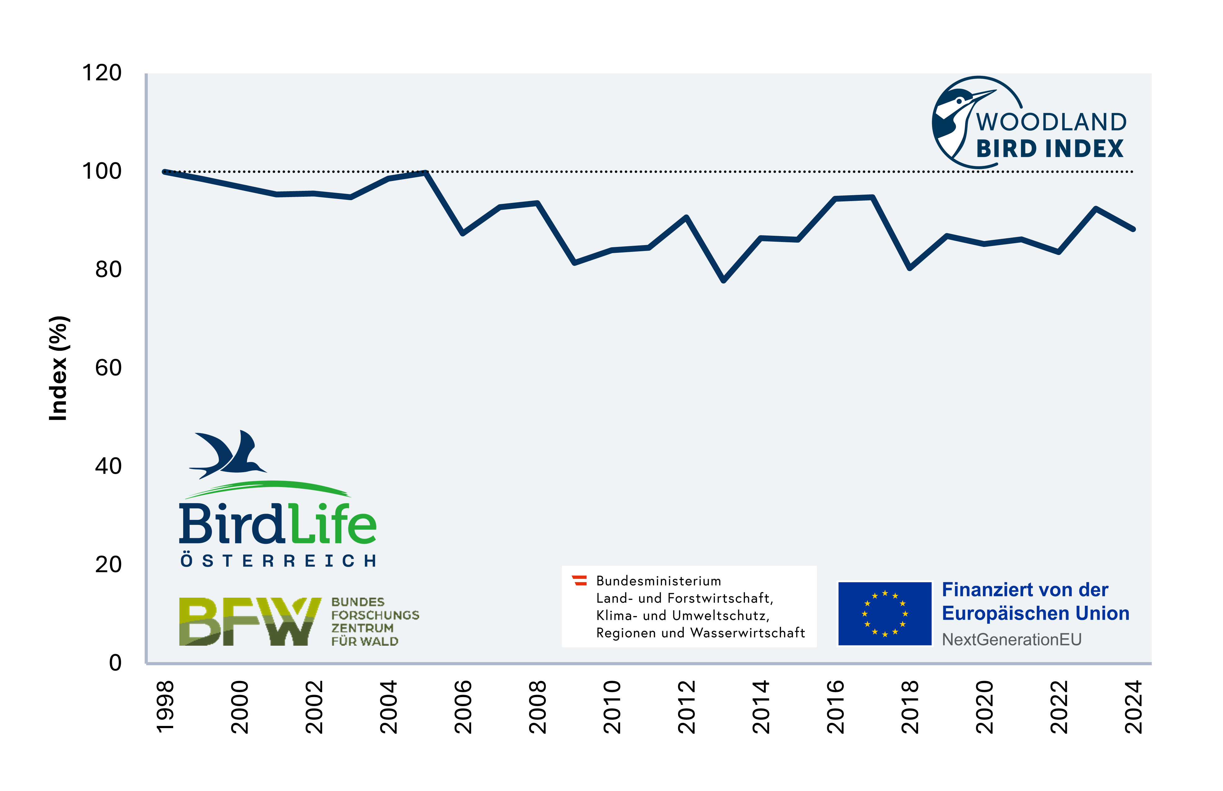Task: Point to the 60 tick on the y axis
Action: pos(108,368)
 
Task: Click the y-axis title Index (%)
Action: pos(58,368)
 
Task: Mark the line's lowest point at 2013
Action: pos(723,280)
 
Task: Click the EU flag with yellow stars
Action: pos(885,613)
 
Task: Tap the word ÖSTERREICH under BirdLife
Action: pos(278,561)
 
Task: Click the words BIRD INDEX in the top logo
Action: pos(1050,149)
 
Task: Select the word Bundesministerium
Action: pos(659,581)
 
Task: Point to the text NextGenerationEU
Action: pos(1011,639)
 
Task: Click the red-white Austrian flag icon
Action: pos(580,580)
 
